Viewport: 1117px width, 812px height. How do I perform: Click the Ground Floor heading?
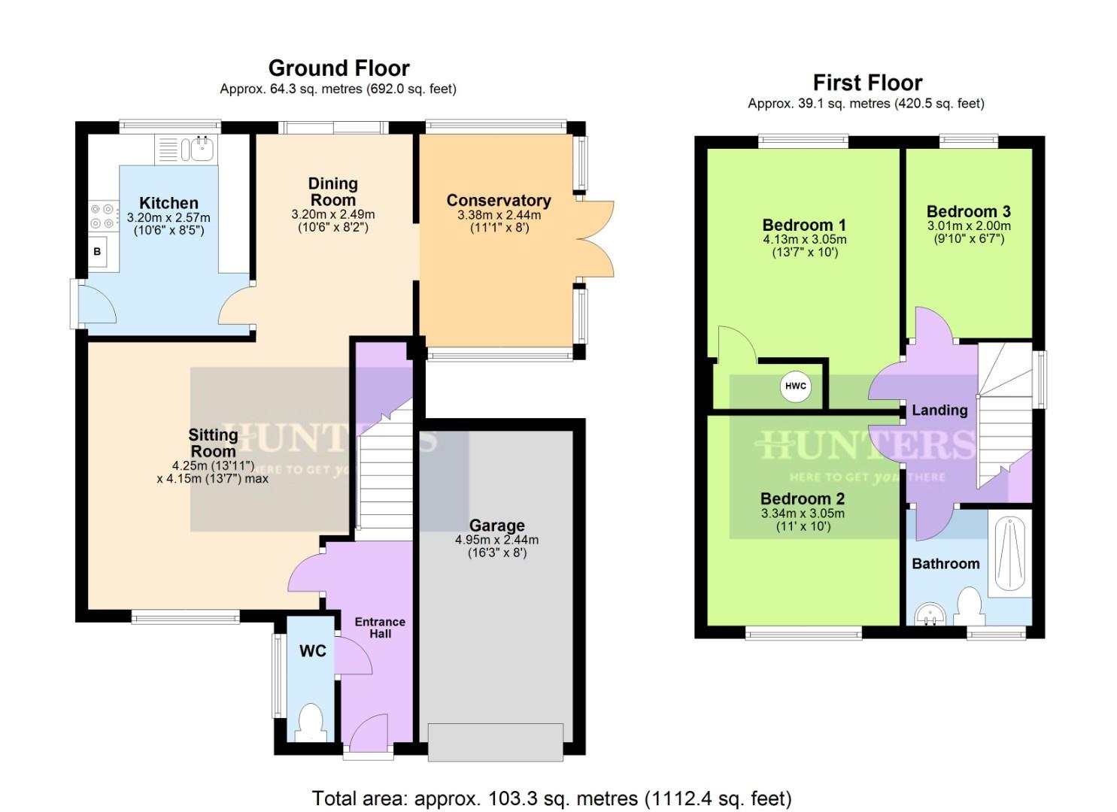(x=338, y=68)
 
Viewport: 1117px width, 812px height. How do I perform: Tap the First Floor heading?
(x=867, y=83)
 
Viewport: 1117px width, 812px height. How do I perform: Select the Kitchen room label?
(x=168, y=203)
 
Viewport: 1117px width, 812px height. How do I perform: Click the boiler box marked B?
(x=97, y=252)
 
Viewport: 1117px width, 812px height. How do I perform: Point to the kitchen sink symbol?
(x=202, y=149)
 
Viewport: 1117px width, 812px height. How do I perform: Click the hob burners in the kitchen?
(x=104, y=216)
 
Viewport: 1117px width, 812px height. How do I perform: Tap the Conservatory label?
(x=498, y=201)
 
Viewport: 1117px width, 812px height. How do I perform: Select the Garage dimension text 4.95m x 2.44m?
(x=496, y=540)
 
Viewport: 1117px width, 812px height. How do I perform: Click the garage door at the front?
(x=496, y=741)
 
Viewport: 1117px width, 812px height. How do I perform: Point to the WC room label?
(x=313, y=651)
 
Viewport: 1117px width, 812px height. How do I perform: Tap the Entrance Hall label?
(x=380, y=627)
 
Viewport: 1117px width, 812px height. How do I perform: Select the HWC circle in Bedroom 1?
(x=795, y=386)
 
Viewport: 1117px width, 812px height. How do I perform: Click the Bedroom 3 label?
(x=968, y=211)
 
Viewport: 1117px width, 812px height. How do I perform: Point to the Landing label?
(x=939, y=411)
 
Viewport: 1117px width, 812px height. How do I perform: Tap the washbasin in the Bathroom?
(x=930, y=616)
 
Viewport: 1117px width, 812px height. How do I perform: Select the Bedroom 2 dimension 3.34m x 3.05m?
(x=803, y=514)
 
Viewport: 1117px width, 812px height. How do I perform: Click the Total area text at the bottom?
(x=551, y=798)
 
